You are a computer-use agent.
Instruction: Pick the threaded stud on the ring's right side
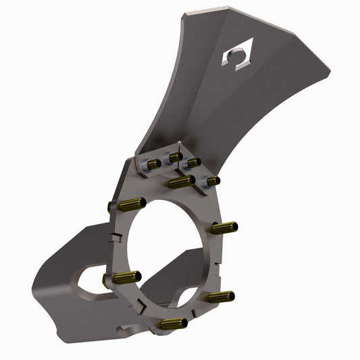click(224, 228)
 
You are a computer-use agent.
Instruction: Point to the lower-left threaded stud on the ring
click(126, 276)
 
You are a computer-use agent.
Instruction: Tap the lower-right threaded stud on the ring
click(220, 297)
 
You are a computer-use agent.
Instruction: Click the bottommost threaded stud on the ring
click(172, 324)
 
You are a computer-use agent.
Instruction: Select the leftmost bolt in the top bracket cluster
click(153, 164)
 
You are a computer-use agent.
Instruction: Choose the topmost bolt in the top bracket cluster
click(175, 157)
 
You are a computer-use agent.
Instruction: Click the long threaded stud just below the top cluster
click(182, 182)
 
